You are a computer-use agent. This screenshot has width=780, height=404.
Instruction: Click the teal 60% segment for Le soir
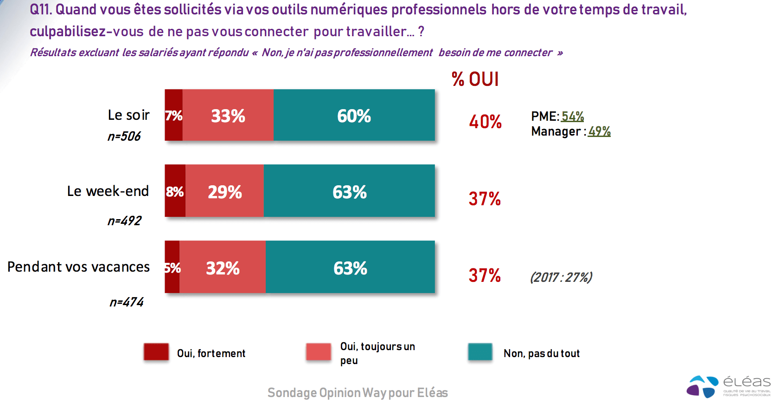[354, 115]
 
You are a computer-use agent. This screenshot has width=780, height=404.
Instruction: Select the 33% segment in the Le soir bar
[228, 115]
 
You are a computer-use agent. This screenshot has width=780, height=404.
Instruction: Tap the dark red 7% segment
[173, 115]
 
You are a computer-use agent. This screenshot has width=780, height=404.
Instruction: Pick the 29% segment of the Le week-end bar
[224, 191]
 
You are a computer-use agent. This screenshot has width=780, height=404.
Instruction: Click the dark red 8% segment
[175, 191]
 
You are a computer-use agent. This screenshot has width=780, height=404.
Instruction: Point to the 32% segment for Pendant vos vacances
[223, 267]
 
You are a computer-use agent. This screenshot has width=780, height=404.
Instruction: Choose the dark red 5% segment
[172, 267]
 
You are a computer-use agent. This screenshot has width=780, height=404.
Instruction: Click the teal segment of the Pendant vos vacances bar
[350, 267]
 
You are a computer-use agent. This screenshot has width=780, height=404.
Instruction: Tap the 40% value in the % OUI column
[485, 122]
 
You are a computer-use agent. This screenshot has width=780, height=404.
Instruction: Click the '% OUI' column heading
[475, 79]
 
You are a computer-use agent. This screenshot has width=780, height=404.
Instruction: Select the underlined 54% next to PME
[572, 116]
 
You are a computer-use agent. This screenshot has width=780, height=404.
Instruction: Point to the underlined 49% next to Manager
[599, 131]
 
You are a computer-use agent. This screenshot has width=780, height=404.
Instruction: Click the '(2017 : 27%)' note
[561, 277]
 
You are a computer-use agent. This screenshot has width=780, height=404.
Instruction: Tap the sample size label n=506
[124, 137]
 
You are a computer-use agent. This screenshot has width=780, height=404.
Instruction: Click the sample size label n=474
[126, 302]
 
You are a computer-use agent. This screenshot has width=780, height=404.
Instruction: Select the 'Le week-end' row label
[108, 191]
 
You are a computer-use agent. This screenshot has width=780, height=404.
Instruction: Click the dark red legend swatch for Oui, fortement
[156, 352]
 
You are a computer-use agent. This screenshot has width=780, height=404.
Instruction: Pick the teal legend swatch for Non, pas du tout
[480, 352]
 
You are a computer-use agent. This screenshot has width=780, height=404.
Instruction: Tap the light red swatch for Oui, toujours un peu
[318, 352]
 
